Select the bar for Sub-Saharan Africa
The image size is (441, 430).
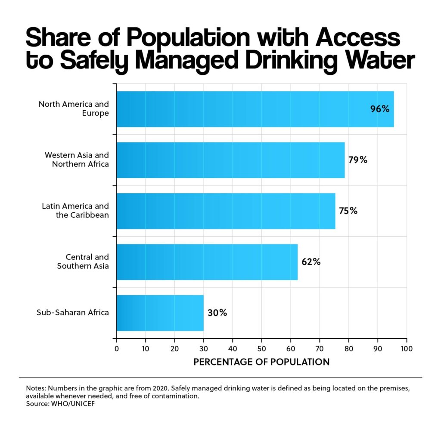[x=160, y=313]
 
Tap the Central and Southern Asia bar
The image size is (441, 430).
[x=207, y=262]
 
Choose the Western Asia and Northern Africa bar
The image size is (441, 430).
[x=230, y=160]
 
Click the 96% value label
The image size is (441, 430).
[x=380, y=109]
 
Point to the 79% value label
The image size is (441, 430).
[x=358, y=160]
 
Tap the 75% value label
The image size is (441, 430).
[x=348, y=211]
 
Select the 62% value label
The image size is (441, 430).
[x=311, y=262]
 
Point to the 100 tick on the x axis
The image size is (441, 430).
[x=407, y=347]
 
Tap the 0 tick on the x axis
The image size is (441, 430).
[x=117, y=347]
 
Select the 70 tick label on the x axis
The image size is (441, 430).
[x=320, y=347]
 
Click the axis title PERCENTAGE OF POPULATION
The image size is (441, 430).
[x=261, y=362]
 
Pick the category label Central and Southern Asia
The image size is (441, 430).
[x=83, y=262]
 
